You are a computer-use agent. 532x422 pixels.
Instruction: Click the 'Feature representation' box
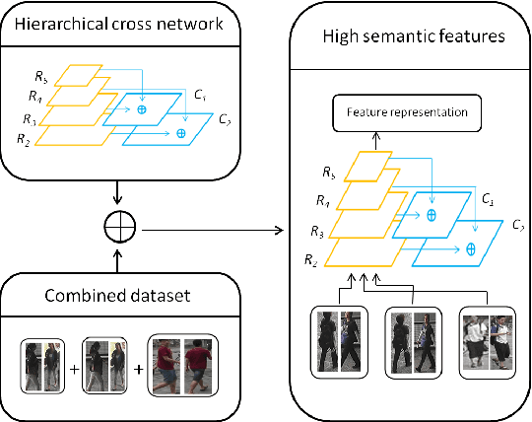point(406,113)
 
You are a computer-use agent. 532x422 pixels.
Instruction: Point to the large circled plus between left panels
point(117,231)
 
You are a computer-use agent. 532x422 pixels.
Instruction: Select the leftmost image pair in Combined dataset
point(43,366)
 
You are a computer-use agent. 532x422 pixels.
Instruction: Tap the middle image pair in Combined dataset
point(105,366)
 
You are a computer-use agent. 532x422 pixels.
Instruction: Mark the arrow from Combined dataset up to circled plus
point(117,259)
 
